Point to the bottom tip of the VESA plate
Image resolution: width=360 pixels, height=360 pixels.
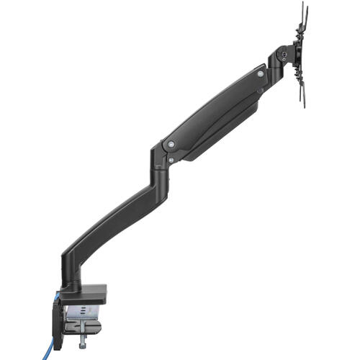pyautogui.click(x=304, y=107)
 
